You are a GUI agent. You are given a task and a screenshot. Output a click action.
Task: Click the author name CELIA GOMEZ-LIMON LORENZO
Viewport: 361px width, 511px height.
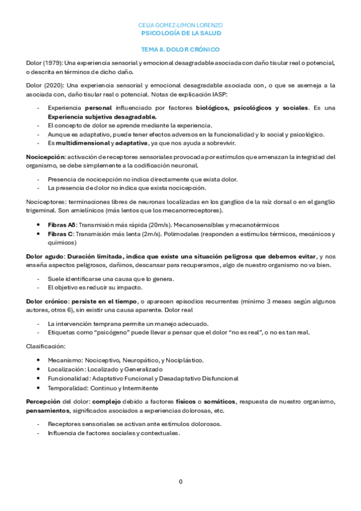[180, 25]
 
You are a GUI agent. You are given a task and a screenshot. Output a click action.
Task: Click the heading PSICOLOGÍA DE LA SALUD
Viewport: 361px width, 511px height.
[180, 34]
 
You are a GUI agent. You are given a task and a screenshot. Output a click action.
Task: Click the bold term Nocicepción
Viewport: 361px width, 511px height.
[45, 157]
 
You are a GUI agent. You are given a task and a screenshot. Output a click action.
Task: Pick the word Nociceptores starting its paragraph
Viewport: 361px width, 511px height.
[45, 201]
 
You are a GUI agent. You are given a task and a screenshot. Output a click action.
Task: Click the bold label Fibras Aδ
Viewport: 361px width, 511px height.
[61, 224]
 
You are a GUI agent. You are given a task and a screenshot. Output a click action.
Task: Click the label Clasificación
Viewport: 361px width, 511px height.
[46, 346]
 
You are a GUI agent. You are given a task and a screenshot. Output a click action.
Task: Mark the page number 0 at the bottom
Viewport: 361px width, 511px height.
[180, 481]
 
